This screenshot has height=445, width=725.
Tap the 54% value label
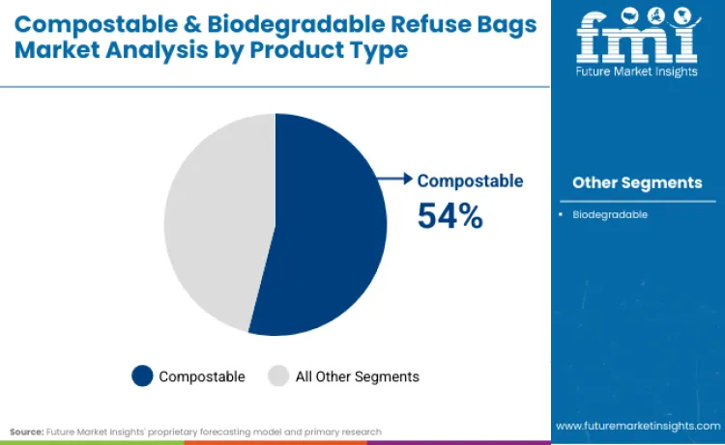click(x=449, y=215)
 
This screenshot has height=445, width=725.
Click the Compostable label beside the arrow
click(x=470, y=181)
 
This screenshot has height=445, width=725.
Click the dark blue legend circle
click(x=143, y=375)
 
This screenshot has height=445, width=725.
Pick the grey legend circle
click(x=278, y=375)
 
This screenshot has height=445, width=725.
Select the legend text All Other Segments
click(x=358, y=376)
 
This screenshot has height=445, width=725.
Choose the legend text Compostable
click(x=202, y=376)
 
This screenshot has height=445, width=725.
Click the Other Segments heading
click(x=637, y=182)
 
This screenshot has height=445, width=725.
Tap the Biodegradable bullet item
click(x=609, y=214)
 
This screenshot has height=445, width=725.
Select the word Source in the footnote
click(x=26, y=431)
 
